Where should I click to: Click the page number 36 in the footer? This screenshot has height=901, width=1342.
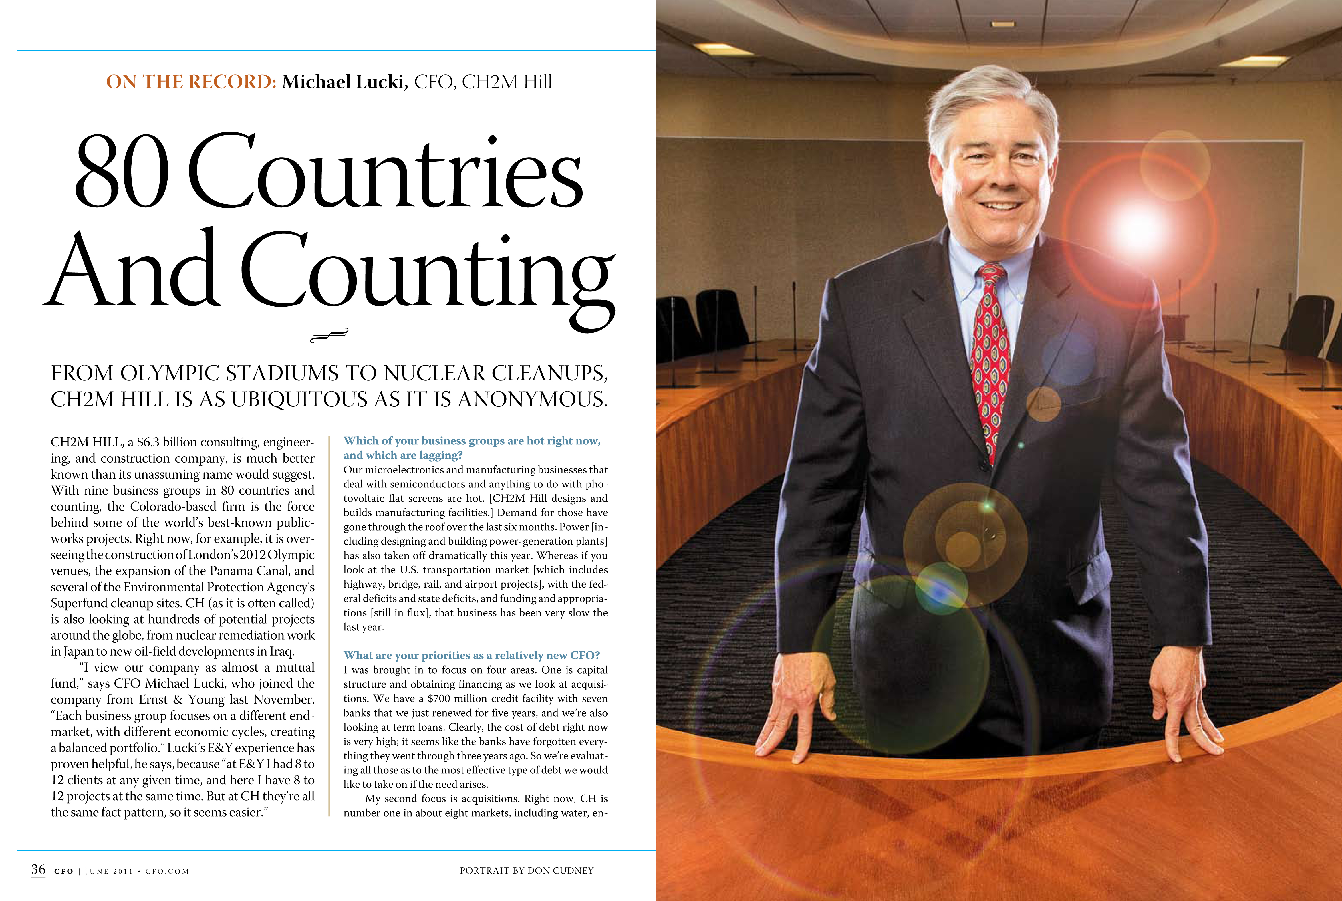38,870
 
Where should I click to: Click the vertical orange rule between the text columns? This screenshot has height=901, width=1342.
329,626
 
